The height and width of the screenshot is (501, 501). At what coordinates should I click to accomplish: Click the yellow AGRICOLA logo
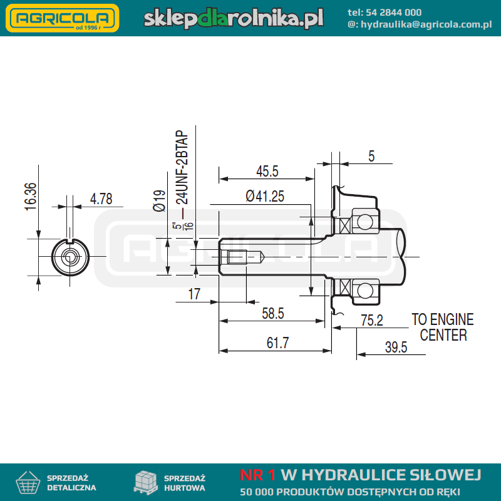click(x=63, y=18)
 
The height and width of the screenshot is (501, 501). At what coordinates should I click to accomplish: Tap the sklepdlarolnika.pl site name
click(x=234, y=18)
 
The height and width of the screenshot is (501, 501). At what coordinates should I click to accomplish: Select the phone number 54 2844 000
click(x=393, y=13)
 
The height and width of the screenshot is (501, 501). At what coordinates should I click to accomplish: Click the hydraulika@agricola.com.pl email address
click(x=426, y=24)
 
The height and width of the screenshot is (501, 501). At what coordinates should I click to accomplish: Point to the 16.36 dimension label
click(x=31, y=197)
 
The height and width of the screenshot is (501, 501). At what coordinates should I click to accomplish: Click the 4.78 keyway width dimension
click(x=101, y=199)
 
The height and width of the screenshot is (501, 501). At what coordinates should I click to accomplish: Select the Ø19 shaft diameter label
click(x=159, y=200)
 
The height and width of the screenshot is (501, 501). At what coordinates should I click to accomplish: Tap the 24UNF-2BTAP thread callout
click(x=182, y=167)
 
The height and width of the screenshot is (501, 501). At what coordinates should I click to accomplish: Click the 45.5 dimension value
click(x=267, y=171)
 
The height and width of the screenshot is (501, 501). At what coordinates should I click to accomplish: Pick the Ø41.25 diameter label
click(x=265, y=196)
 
